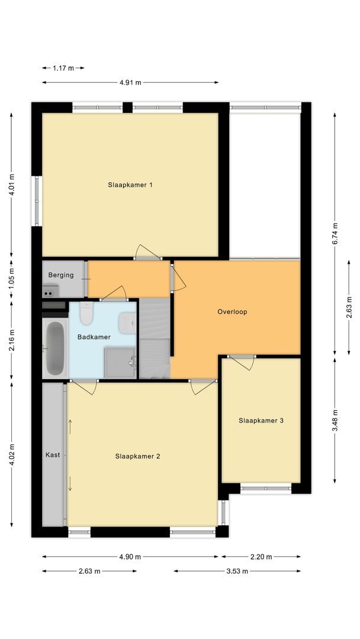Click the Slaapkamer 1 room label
[x=130, y=185]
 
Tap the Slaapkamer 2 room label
[x=138, y=456]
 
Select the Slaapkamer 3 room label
[x=261, y=421]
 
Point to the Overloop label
[x=232, y=311]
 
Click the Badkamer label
[x=94, y=337]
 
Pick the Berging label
[x=61, y=275]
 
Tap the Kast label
[x=53, y=455]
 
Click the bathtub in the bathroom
[x=54, y=348]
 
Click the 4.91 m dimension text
[x=130, y=83]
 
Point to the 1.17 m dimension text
[x=63, y=68]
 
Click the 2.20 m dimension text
[x=261, y=557]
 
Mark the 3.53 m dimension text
[x=237, y=571]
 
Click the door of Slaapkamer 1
[x=148, y=253]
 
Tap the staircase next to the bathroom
[x=155, y=338]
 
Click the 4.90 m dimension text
[x=130, y=557]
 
